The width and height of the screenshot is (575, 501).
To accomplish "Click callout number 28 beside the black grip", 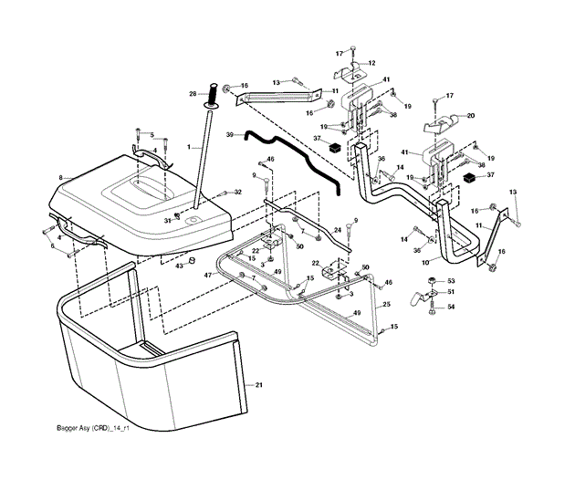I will tap(193, 93).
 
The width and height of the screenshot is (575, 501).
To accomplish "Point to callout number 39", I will tap(230, 134).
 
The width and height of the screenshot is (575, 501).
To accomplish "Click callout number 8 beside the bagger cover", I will tap(60, 177).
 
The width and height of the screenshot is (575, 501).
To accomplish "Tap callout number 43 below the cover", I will tap(179, 266).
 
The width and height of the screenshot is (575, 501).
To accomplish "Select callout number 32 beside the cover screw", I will tap(237, 192).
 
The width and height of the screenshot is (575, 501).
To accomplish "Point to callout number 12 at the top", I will tap(371, 63).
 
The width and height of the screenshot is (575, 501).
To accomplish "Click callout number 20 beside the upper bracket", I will tap(471, 116).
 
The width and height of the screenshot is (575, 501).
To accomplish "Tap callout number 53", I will tap(451, 280).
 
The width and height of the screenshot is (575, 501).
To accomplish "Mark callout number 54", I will tap(451, 307).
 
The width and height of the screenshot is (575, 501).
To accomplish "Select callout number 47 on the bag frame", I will tap(207, 275).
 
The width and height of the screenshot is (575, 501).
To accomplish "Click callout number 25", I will tap(387, 303).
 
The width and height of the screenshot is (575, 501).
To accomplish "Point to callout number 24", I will tap(337, 230).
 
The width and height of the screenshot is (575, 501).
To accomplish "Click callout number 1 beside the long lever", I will tap(188, 148).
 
